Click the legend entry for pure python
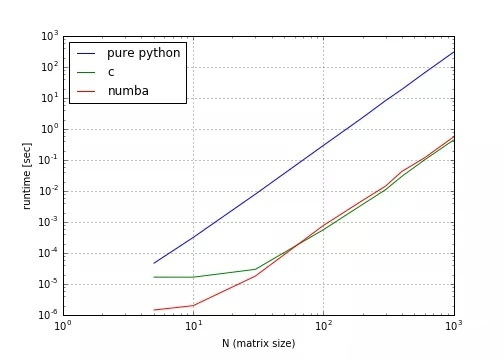[144, 52]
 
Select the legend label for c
[111, 72]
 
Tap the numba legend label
[128, 92]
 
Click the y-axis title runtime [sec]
[27, 176]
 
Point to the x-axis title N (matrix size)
[258, 343]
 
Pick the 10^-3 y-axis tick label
[49, 222]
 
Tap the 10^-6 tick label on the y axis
[49, 315]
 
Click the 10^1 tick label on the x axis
[194, 326]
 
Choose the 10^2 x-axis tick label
[324, 326]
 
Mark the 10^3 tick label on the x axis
[454, 326]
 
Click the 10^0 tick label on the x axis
[64, 326]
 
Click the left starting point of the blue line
[154, 263]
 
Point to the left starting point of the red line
[154, 310]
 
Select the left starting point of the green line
[154, 277]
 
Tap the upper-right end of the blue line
[454, 52]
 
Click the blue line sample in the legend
[86, 52]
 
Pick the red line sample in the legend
[86, 92]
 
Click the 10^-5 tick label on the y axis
[49, 284]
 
